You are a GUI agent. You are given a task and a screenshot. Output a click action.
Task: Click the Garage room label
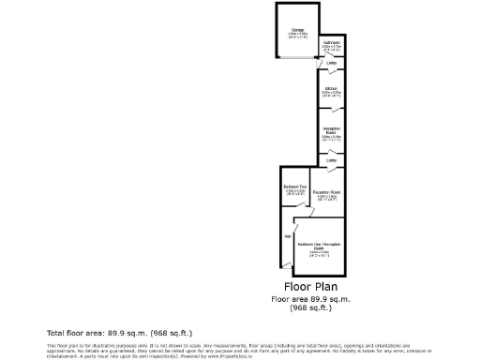pos(296,30)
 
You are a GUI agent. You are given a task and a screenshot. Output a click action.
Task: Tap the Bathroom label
pos(332,42)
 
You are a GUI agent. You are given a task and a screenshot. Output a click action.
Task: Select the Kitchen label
pos(331,89)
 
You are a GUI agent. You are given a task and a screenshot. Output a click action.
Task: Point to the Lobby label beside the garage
pos(332,64)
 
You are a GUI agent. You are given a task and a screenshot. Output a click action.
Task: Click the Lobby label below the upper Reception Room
pos(332,160)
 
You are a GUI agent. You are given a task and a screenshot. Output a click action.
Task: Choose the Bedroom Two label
pos(294,187)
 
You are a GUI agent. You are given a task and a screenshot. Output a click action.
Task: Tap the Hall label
pos(287,236)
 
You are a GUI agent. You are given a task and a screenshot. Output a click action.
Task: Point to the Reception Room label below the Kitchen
pos(331,129)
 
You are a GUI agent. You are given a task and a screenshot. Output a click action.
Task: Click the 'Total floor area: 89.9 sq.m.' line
pos(119,333)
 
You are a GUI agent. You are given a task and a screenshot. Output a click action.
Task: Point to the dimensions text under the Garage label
pos(296,36)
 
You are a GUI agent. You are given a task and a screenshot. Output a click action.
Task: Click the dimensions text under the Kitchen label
pos(331,95)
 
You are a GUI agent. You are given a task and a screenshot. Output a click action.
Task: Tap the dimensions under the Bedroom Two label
pos(294,193)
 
